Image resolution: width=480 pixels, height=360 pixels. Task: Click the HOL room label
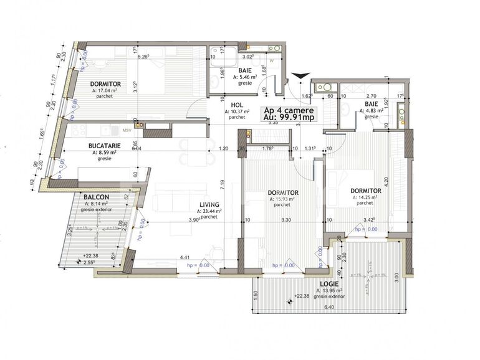tap(235, 105)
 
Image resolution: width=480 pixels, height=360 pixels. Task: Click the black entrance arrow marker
tap(300, 76)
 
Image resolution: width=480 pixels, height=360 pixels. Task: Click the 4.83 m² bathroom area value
tap(372, 111)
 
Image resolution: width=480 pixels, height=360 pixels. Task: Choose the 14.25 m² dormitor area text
tap(367, 197)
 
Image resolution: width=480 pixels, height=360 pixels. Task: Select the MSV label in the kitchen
tap(127, 130)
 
